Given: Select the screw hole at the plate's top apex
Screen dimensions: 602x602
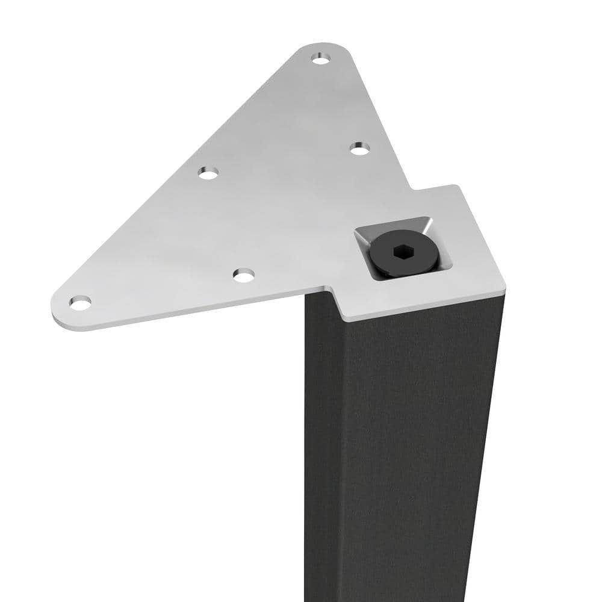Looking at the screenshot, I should click(x=321, y=58).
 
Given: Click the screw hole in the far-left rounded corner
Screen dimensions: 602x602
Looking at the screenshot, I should click(x=80, y=302).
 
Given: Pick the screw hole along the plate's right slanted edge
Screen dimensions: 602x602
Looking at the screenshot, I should click(x=359, y=148).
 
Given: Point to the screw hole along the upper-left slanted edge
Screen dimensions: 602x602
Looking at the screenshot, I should click(x=208, y=173).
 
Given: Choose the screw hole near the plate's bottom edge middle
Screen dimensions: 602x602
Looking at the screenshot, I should click(x=244, y=276).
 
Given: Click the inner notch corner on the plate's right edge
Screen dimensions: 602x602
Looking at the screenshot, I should click(x=412, y=190).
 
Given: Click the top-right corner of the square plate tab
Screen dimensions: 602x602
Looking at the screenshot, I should click(x=459, y=187).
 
